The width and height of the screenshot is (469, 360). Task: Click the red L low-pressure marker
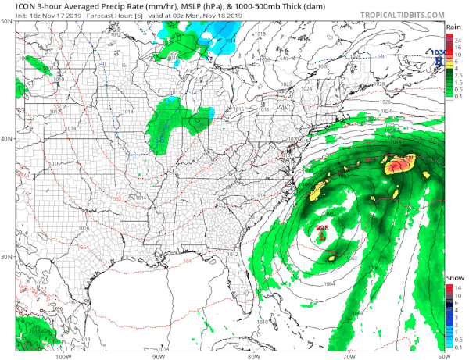pos(322,234)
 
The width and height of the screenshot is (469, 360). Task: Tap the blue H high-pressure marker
pos(439,60)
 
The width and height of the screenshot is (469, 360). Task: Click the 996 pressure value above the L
pos(322,227)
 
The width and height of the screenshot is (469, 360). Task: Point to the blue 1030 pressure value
pos(439,52)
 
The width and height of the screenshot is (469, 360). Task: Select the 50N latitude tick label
pos(6,22)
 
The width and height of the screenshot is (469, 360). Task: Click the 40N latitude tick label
pos(6,139)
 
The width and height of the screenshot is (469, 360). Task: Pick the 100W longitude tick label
pos(63,355)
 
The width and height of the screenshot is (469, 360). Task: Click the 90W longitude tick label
pos(157,355)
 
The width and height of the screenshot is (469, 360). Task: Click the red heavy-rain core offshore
pos(399,165)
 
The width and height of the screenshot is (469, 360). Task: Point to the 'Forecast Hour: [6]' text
pos(104,15)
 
